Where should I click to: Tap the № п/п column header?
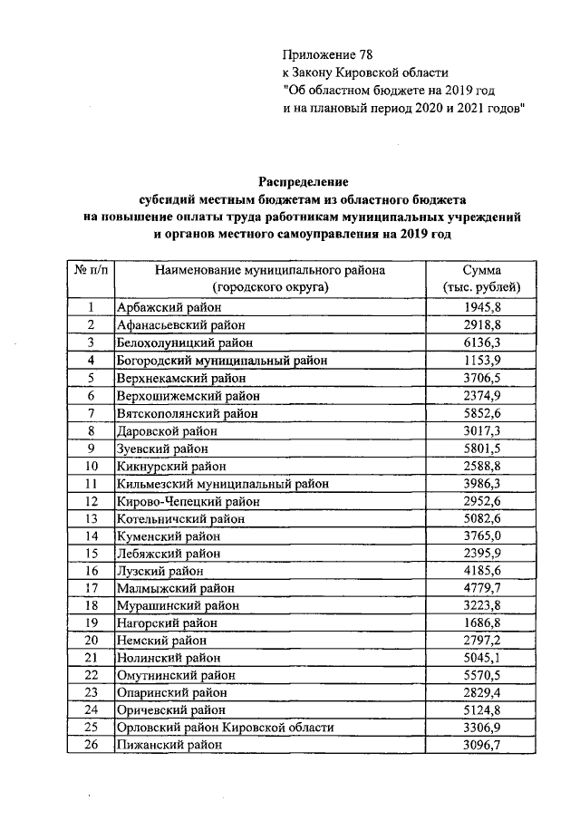(x=92, y=270)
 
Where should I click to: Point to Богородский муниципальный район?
(x=221, y=360)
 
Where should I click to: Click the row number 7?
(x=92, y=412)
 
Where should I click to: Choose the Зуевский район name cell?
(x=162, y=448)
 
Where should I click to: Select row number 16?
(x=92, y=571)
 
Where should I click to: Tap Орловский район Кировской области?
(x=225, y=728)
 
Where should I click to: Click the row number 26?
(x=92, y=745)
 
